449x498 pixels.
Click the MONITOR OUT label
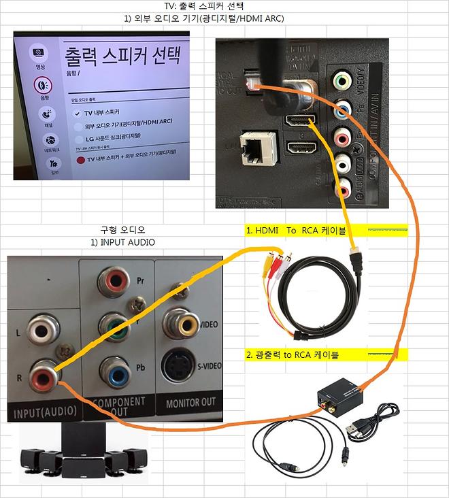(191, 403)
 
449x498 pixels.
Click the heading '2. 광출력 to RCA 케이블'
(293, 354)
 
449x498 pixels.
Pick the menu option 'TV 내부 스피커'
(102, 112)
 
